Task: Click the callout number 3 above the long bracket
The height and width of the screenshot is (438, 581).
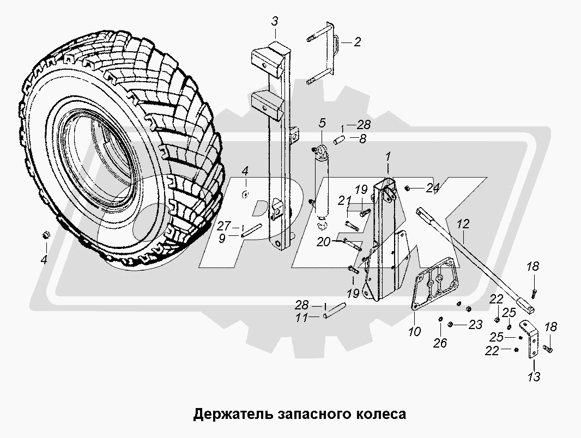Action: pyautogui.click(x=275, y=21)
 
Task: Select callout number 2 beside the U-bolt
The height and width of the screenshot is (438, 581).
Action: pyautogui.click(x=357, y=41)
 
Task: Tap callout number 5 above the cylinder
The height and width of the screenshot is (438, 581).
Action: pyautogui.click(x=322, y=122)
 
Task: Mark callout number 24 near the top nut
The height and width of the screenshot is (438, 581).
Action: pyautogui.click(x=433, y=189)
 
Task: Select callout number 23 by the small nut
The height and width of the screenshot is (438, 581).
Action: pyautogui.click(x=475, y=325)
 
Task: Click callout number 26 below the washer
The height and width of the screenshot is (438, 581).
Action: pyautogui.click(x=440, y=343)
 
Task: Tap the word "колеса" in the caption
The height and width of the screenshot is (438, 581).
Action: pyautogui.click(x=386, y=413)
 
